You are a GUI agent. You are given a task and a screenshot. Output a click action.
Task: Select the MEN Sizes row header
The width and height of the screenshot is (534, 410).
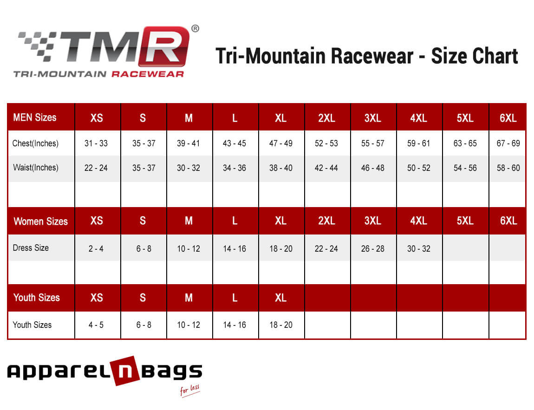point(35,117)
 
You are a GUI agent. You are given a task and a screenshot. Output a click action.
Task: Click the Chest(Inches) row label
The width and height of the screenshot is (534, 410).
point(35,143)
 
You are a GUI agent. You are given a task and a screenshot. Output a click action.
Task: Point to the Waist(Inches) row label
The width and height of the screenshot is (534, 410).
point(36,168)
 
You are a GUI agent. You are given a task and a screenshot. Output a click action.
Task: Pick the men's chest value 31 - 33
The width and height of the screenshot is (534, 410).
point(96,143)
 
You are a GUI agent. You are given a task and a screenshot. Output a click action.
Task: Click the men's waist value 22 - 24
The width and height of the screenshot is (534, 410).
point(96,168)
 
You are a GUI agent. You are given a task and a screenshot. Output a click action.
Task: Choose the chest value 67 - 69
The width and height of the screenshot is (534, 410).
point(508,143)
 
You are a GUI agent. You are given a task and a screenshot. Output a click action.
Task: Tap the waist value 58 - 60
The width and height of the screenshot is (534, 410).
point(508,168)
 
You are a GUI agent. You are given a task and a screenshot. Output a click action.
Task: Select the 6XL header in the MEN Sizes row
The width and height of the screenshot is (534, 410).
point(508,118)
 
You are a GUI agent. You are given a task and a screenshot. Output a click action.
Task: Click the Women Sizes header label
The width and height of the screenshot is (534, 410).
point(41,221)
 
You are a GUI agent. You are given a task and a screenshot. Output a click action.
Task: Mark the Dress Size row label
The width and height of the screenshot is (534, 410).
point(31,248)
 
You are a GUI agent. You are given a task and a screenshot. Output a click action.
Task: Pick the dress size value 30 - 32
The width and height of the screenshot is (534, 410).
point(418,249)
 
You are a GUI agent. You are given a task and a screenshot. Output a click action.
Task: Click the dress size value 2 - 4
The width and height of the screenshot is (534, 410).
point(96,249)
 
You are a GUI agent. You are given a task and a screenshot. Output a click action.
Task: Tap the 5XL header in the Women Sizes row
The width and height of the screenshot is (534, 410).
point(465,221)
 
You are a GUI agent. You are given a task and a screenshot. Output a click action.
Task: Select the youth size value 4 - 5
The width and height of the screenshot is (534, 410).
point(96,325)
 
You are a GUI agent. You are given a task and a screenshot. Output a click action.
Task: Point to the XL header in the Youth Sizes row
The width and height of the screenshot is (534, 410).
point(280,298)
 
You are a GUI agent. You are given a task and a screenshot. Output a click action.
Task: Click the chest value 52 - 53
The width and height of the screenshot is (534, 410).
point(326,143)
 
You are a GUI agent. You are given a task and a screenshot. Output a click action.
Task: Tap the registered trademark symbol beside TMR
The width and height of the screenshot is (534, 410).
point(195,29)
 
